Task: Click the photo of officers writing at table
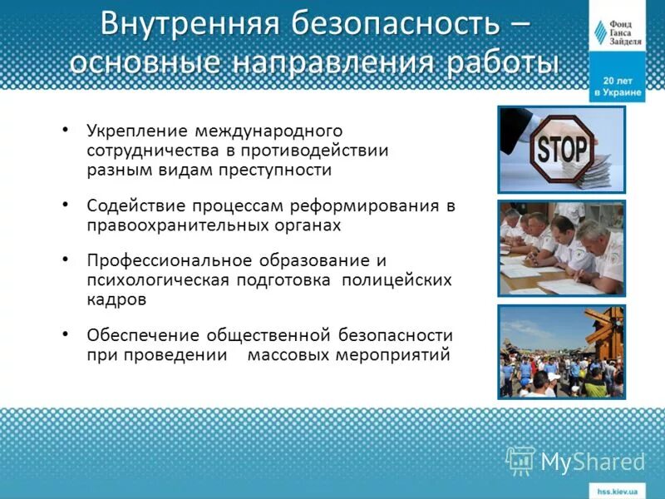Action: [x=561, y=248]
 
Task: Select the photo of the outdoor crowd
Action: [x=561, y=352]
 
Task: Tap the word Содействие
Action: [x=135, y=205]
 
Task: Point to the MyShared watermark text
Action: [x=593, y=461]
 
